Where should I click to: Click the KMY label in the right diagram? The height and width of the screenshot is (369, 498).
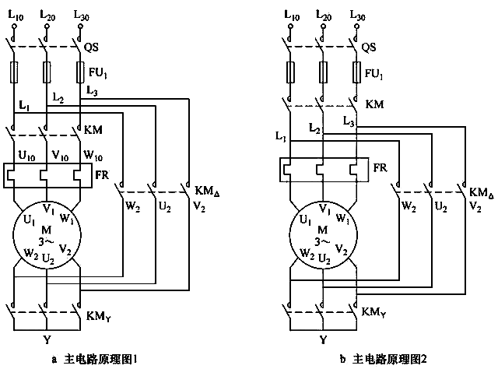coord(373,312)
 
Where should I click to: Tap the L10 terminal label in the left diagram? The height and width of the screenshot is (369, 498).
coord(16,14)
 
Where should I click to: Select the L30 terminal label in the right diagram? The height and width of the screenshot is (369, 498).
coord(357,14)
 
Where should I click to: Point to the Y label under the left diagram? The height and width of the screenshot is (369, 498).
coord(47,340)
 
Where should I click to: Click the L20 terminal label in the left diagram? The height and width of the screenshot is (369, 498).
coord(47,14)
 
